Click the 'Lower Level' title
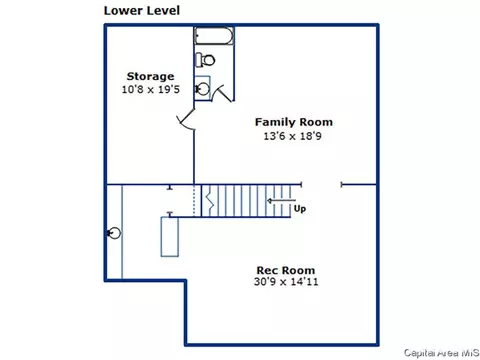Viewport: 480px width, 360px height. coord(142,10)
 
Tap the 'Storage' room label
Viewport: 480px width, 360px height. coord(150,77)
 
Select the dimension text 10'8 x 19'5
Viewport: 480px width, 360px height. coord(151,89)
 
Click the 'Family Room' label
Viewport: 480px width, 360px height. coord(294,122)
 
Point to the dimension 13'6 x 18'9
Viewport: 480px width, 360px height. coord(293,136)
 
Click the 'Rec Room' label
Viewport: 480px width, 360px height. coord(286,270)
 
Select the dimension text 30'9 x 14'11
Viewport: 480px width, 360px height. coord(286,282)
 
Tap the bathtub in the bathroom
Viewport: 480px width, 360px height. coord(214,36)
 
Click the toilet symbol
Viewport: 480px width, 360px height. coord(205,60)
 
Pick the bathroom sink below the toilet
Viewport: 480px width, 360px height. coord(202,88)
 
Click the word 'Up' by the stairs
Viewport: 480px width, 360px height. coord(300,209)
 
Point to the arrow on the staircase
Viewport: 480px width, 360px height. coord(281,201)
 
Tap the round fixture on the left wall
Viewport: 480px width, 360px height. coord(114,233)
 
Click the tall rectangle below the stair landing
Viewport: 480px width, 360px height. coord(170,237)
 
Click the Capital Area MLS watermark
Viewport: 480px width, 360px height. coord(441,353)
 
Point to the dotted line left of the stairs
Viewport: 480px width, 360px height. coord(194,200)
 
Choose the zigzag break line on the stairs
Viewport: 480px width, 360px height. coord(210,200)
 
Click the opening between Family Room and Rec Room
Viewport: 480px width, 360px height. coord(321,184)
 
